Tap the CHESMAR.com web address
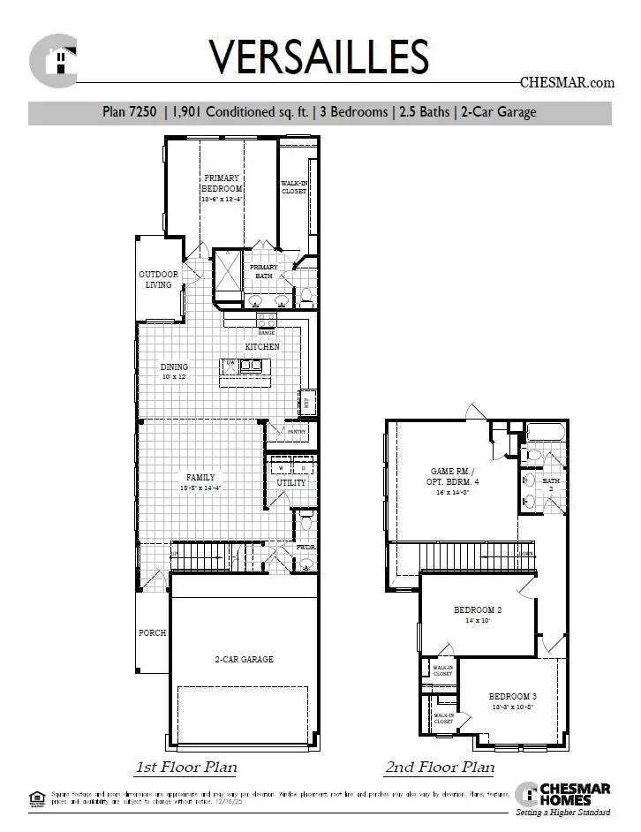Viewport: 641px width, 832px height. pos(567,83)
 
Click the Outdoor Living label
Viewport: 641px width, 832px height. pos(159,279)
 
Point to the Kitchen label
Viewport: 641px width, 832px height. pos(262,347)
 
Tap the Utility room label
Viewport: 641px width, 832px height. pos(291,483)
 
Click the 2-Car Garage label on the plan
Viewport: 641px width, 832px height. pos(244,659)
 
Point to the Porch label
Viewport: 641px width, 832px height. pos(152,633)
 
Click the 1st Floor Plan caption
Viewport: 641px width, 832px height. pos(186,767)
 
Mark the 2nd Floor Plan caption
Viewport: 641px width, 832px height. pos(440,767)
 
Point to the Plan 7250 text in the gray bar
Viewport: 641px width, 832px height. pos(130,112)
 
